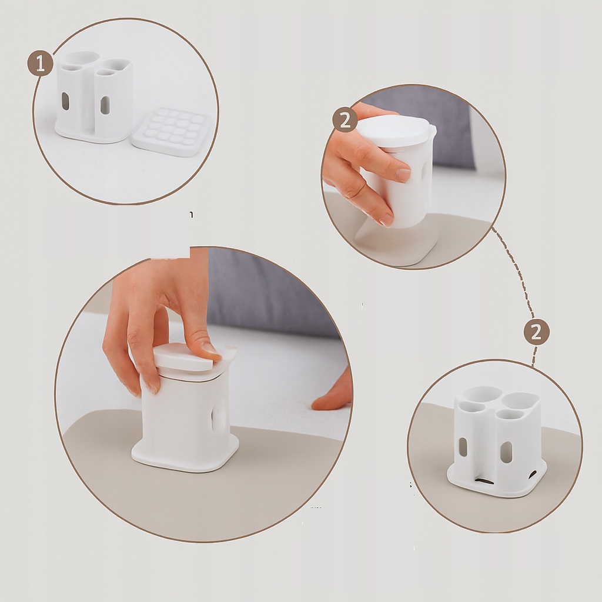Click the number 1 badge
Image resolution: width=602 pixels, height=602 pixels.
tap(40, 63)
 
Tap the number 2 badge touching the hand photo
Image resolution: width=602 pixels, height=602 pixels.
tap(345, 120)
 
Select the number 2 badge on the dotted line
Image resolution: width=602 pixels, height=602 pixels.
tap(536, 332)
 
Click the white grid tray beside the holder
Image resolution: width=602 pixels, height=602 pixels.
tap(170, 131)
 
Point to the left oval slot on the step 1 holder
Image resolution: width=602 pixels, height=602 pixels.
tap(65, 101)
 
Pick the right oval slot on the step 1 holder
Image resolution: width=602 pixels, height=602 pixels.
tap(105, 105)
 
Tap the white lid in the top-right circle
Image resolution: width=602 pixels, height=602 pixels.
tap(394, 131)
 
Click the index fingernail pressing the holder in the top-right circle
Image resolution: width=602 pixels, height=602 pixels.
tap(402, 175)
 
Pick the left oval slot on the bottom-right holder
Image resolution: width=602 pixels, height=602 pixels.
tap(463, 447)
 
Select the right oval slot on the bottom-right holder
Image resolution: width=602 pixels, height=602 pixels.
tap(506, 451)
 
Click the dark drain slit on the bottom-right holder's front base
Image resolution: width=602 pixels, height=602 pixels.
tap(485, 480)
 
